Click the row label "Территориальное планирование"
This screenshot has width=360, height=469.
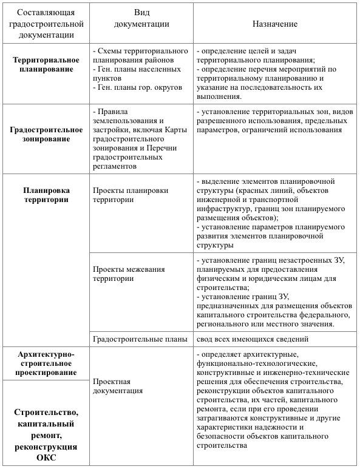pos(46,64)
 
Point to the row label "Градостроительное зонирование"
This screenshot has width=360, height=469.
pos(46,133)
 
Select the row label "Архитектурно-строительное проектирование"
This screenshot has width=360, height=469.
pos(46,362)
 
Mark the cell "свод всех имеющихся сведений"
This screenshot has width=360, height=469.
pos(253,339)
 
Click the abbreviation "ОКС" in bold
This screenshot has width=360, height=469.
pos(46,457)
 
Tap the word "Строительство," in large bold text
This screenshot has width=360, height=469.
pos(46,413)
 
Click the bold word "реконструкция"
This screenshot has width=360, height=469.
pos(46,447)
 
